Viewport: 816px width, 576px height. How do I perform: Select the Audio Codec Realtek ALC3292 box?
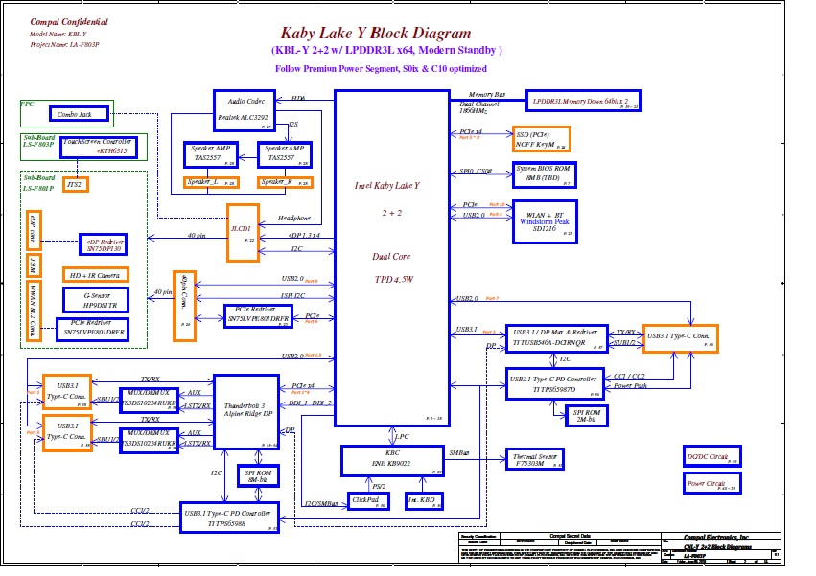coord(245,109)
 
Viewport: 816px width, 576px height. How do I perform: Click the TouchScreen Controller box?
coord(99,147)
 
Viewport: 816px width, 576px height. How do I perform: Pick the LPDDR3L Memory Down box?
coord(582,101)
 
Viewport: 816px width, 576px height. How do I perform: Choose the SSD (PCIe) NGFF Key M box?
coord(542,139)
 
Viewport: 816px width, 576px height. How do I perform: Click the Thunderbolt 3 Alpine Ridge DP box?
coord(245,411)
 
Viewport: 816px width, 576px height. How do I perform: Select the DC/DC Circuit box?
coord(712,456)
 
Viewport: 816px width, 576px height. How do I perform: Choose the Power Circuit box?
coord(712,484)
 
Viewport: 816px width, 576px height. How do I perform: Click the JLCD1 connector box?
coord(242,232)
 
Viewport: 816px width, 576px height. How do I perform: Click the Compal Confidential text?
coord(69,21)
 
